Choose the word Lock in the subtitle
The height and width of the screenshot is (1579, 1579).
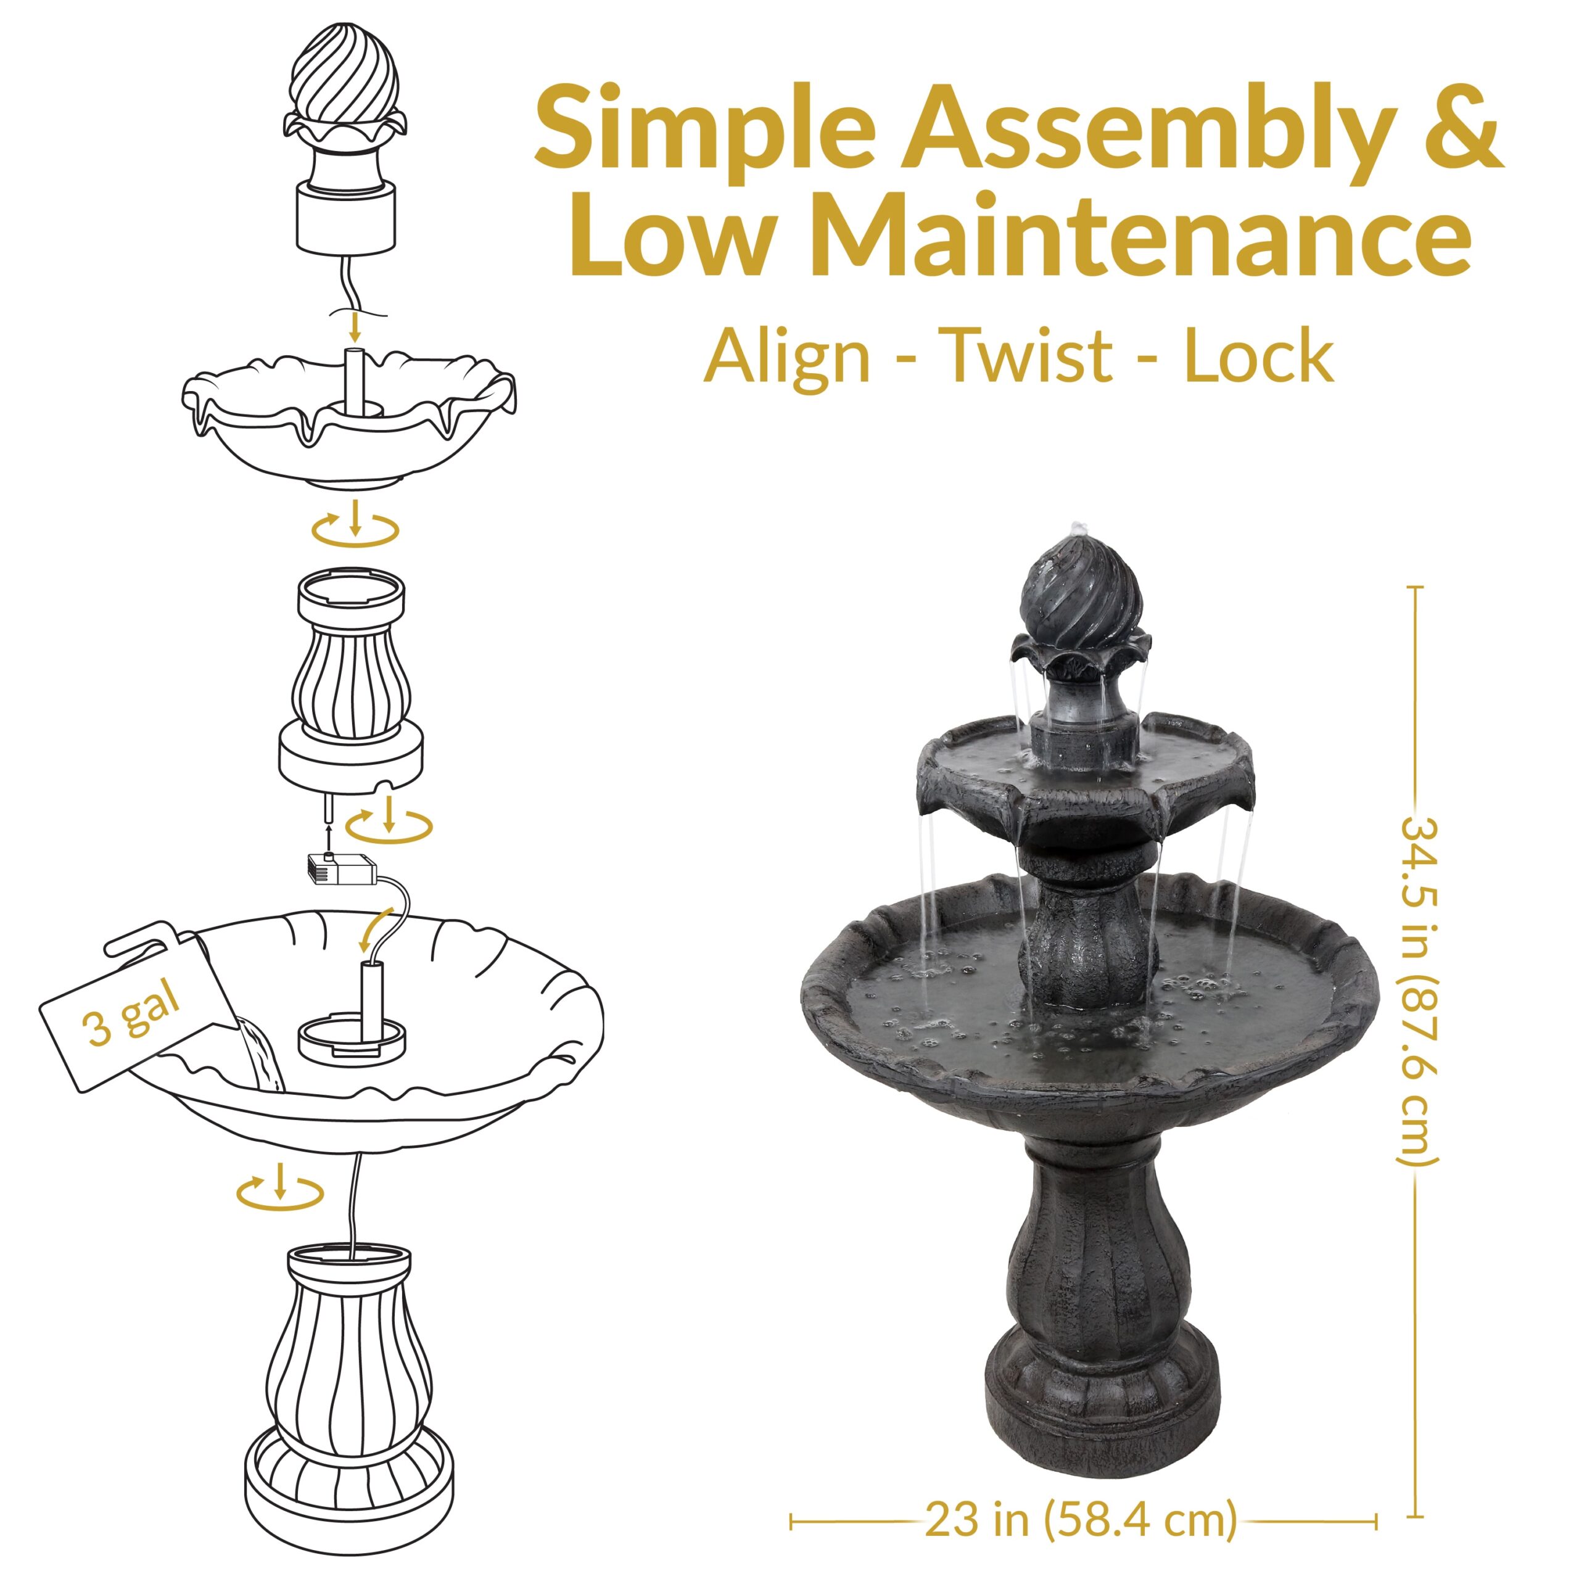click(1259, 355)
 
